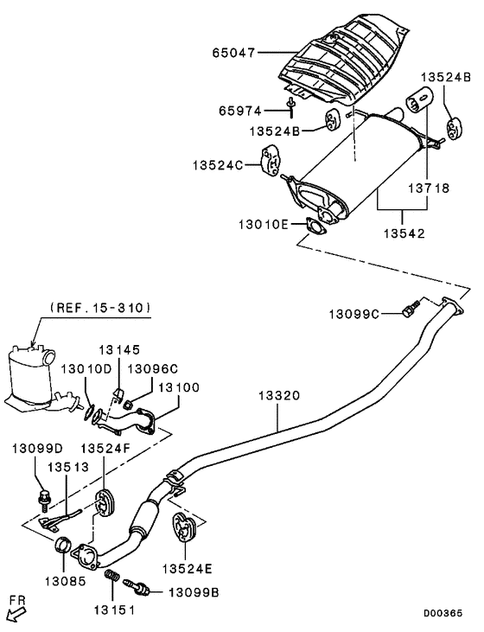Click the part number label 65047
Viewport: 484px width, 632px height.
235,53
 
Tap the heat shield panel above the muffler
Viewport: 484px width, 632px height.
346,57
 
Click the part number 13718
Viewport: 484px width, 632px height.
429,187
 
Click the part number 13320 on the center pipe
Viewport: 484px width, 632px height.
278,396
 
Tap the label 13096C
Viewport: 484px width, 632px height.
154,367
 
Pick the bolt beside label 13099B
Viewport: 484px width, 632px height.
139,587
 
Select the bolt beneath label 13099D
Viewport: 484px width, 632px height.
45,497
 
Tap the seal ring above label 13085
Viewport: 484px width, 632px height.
63,545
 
